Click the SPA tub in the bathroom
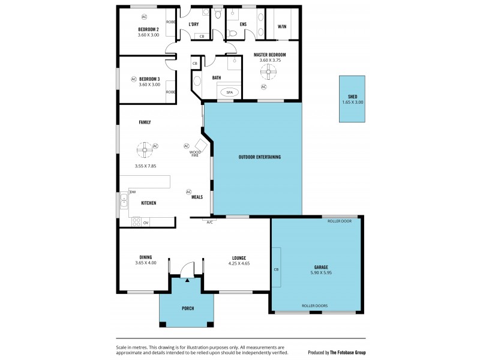229,92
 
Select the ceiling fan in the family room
144,148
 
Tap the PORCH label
188,308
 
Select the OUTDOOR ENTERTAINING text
260,157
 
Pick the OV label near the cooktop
145,223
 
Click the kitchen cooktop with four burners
136,222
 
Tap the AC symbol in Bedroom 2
144,16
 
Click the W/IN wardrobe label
281,26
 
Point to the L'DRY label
193,25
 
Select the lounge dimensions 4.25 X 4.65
239,263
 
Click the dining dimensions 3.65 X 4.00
145,263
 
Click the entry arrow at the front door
187,279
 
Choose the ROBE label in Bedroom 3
170,92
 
